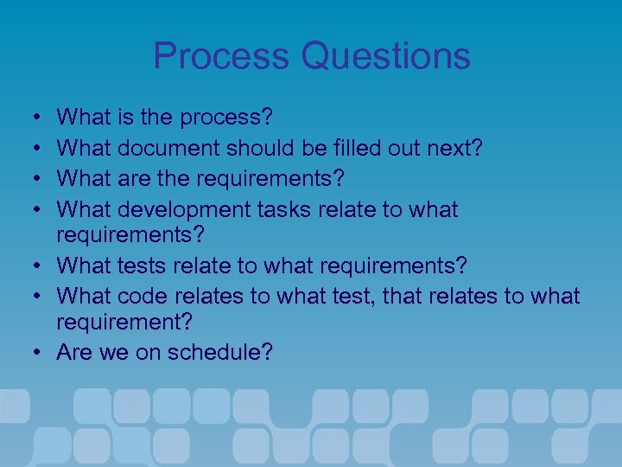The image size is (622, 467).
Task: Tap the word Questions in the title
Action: coord(386,56)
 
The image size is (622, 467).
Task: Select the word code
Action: coord(142,296)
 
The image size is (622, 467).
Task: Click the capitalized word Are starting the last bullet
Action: coord(74,352)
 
